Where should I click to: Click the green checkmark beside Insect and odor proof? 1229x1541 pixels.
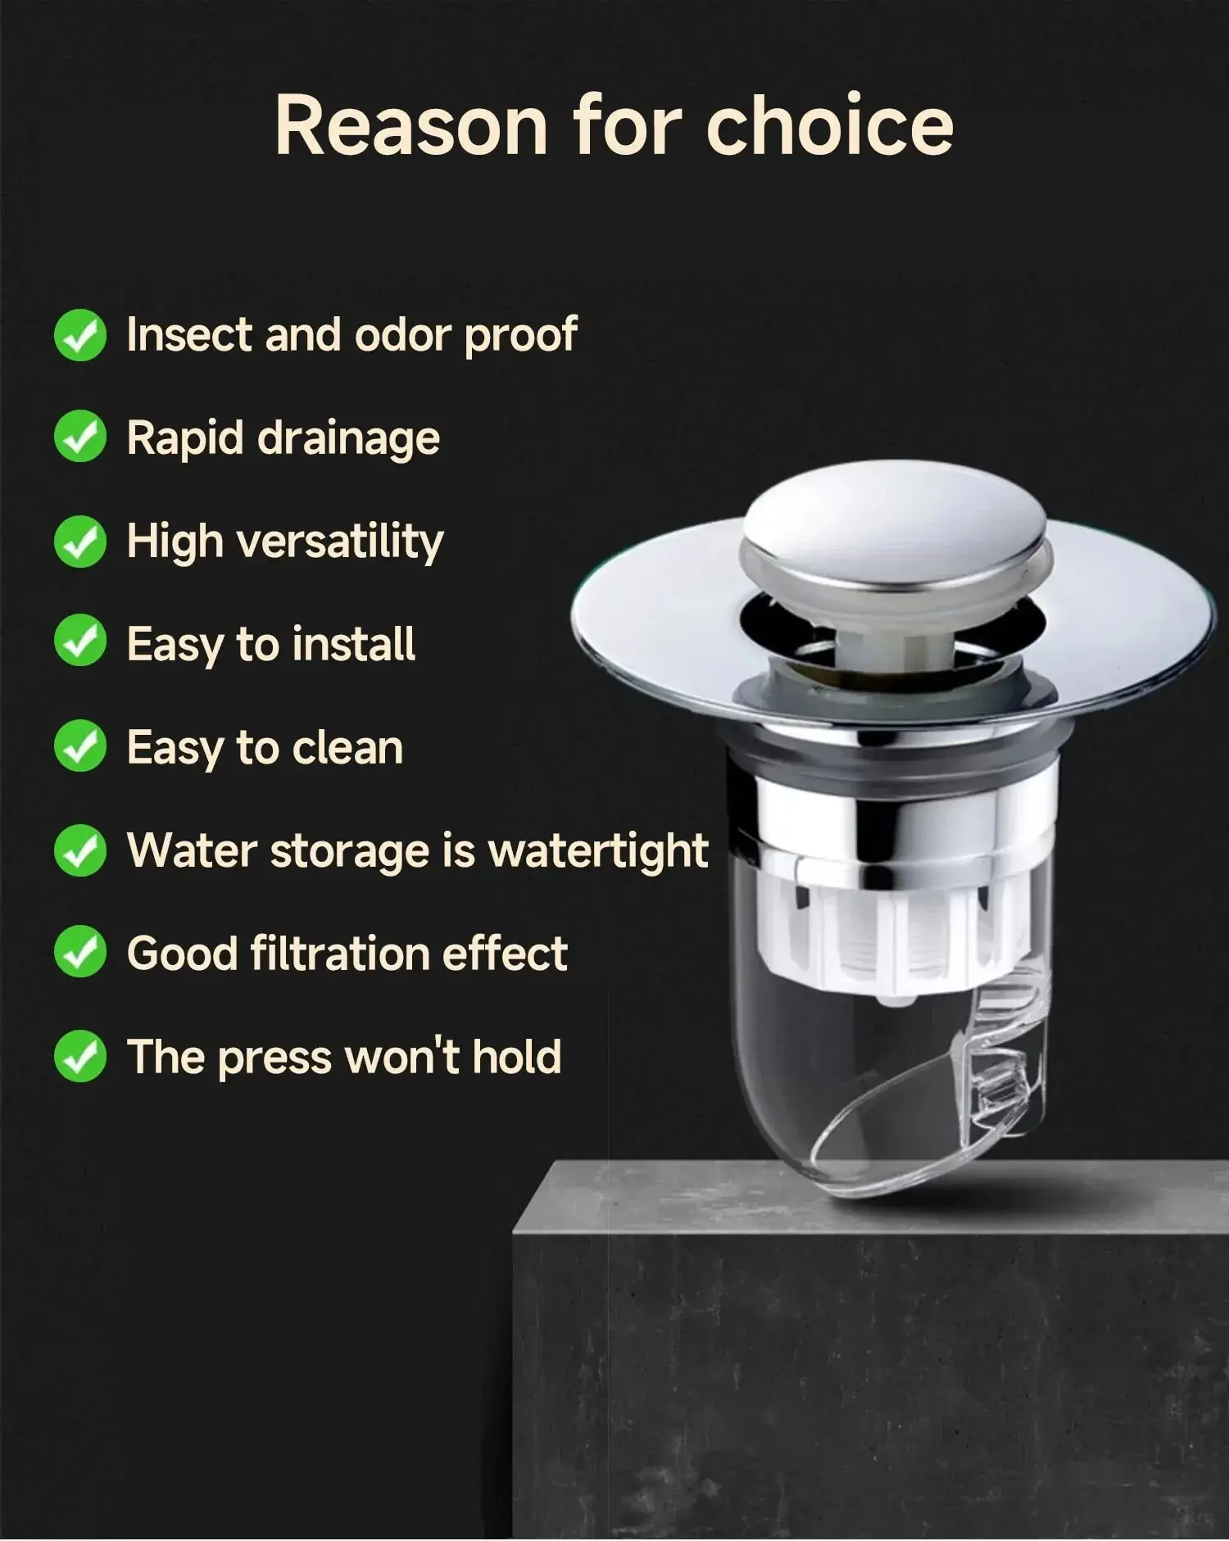[80, 335]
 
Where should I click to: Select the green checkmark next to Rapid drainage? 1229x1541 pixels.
[80, 437]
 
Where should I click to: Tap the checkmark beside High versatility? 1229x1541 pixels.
[80, 542]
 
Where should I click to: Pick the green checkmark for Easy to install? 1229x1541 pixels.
[80, 643]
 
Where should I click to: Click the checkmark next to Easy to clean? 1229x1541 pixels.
[80, 746]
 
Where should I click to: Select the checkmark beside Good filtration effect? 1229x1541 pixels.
[80, 952]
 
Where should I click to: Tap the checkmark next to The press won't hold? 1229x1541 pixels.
[80, 1056]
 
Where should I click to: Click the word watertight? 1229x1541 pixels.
[598, 850]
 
